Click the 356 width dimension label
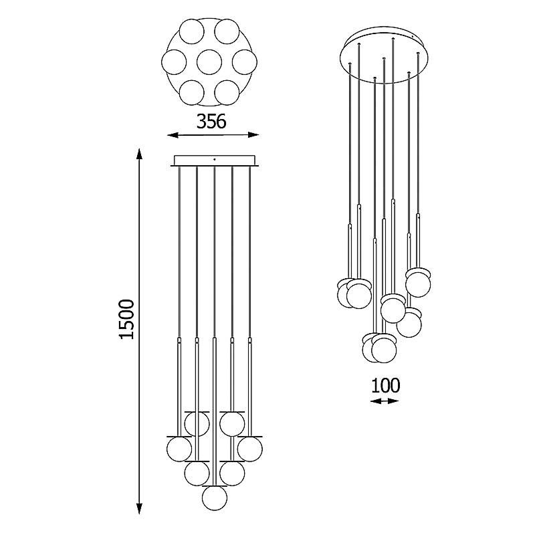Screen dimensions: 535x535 click(211, 121)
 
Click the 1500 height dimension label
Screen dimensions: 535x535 click(126, 319)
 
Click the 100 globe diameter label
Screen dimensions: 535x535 click(385, 385)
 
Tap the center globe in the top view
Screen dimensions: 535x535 click(209, 62)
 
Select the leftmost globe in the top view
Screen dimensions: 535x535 click(174, 62)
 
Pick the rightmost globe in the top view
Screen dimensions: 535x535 click(245, 62)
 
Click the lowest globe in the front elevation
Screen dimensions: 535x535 click(214, 498)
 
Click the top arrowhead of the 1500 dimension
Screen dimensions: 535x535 click(139, 154)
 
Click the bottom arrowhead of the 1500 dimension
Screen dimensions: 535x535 click(139, 508)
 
